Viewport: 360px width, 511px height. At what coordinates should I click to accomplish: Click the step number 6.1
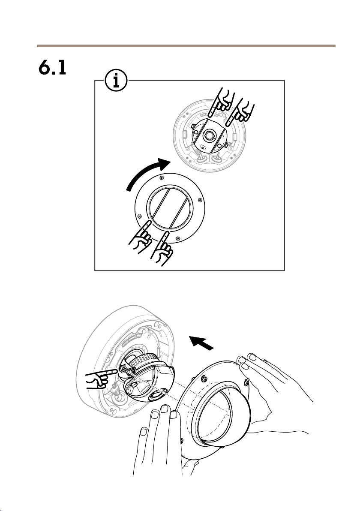coord(52,68)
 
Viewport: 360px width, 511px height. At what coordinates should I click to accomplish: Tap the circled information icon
coord(116,80)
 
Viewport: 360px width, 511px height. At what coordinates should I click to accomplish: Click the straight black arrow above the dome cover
coord(201,343)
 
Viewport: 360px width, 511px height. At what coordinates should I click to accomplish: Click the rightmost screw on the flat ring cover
coord(200,200)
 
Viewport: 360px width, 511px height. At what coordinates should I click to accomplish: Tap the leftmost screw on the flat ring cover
coord(139,216)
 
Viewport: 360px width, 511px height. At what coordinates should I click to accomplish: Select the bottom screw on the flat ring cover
coord(177,237)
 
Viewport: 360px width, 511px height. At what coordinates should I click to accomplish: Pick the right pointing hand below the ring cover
coord(162,248)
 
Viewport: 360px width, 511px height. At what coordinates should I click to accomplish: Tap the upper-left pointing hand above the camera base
coord(220,102)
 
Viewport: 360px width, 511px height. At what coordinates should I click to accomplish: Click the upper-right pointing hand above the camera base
coord(241,111)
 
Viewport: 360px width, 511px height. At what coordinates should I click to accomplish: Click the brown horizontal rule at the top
coord(186,46)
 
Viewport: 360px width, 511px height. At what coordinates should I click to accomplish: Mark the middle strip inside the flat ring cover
coord(170,209)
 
